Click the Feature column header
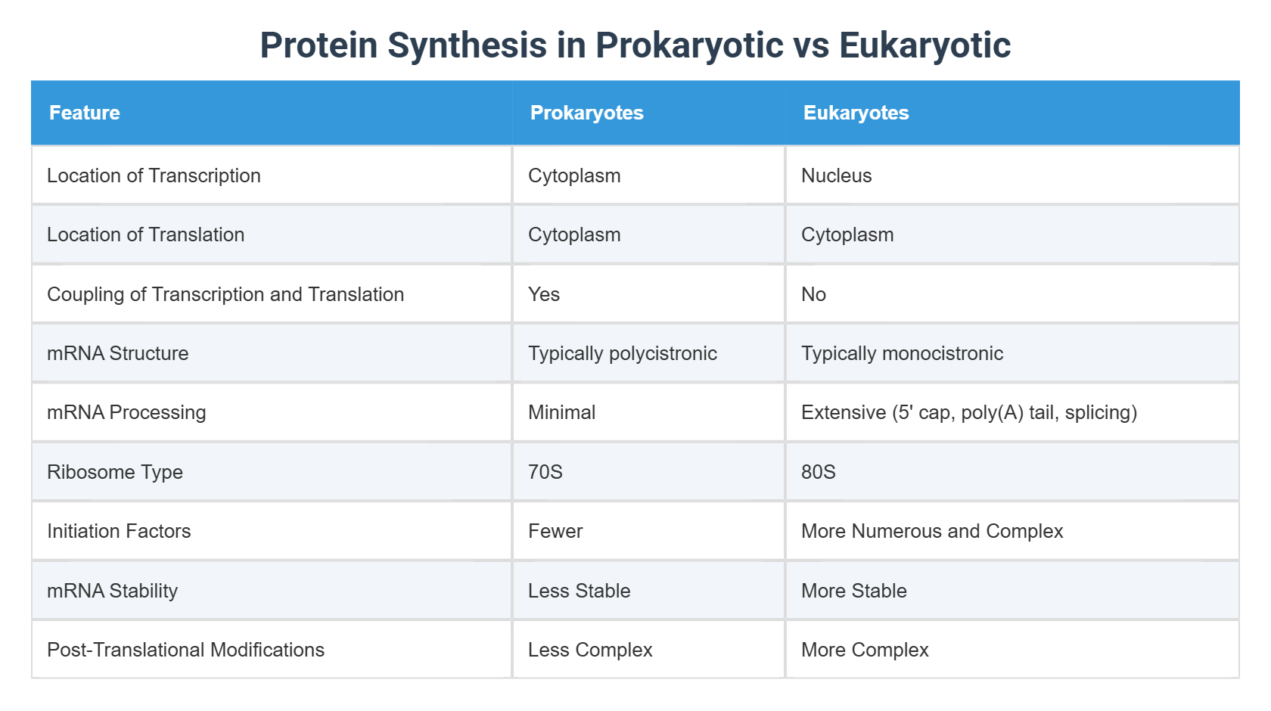(84, 113)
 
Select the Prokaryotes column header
(586, 113)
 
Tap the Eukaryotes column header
(856, 113)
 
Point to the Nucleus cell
(836, 175)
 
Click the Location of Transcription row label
(154, 175)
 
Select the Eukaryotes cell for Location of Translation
(847, 234)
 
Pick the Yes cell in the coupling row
(544, 294)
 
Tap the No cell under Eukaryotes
(813, 294)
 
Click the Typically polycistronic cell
(622, 353)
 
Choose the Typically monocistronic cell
(902, 353)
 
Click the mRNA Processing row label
(126, 412)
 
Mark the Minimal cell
(561, 412)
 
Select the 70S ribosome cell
(545, 472)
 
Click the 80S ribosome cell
(818, 472)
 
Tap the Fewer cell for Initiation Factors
(555, 531)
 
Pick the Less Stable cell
(579, 591)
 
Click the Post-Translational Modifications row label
(185, 650)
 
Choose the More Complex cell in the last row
(865, 650)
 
